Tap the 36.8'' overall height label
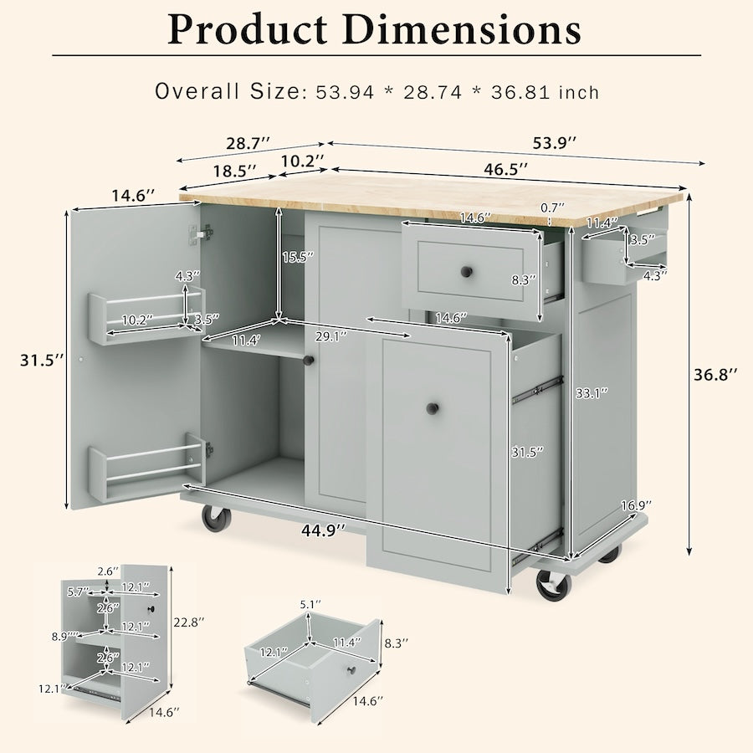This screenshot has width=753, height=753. coord(715,376)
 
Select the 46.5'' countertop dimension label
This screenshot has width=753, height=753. coord(506,169)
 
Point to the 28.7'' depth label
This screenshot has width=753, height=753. coord(247,143)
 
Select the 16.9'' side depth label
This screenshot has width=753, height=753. coord(636,505)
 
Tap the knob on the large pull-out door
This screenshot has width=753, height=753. coord(433,408)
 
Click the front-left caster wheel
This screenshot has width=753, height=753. coord(217,518)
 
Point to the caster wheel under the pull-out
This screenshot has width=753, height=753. coord(553,585)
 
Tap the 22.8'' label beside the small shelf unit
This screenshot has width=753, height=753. coord(187,622)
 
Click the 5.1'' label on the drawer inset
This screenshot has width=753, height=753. coord(310,603)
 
